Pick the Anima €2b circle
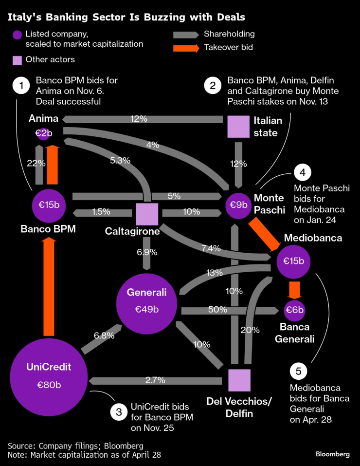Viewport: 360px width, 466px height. coord(44,134)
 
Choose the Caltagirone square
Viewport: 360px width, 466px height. coord(147,214)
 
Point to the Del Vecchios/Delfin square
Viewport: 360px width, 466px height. coord(239,380)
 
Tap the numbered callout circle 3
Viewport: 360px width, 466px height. coord(118,412)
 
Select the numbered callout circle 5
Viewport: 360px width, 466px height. coord(298,372)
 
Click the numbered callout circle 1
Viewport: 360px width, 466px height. coord(21,86)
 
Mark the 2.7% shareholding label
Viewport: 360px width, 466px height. coord(156,380)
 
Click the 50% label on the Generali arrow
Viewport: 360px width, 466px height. coord(217,310)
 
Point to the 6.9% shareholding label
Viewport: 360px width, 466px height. coord(146,252)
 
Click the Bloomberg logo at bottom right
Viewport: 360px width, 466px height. coord(333,454)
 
